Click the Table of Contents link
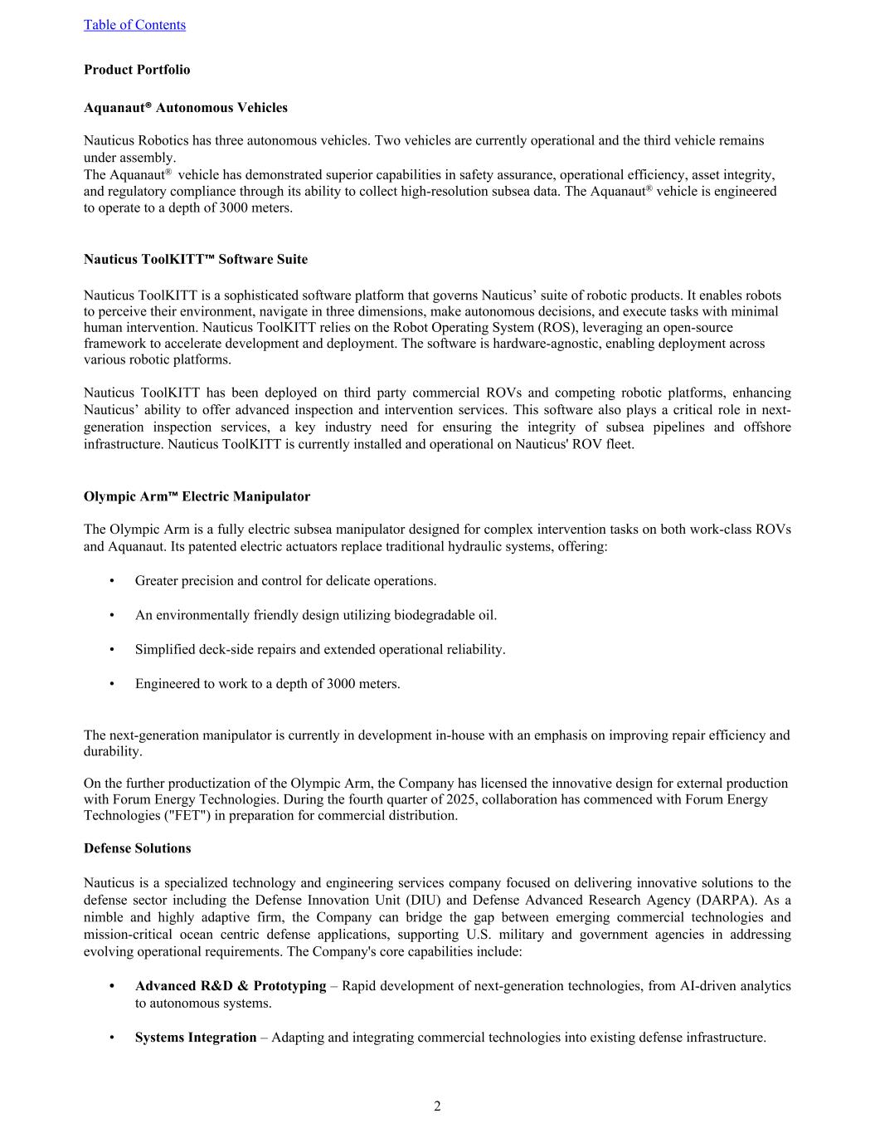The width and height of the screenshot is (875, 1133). pyautogui.click(x=134, y=25)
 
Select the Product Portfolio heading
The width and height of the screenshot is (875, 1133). pyautogui.click(x=137, y=70)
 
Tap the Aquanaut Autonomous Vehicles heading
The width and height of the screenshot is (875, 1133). pyautogui.click(x=186, y=108)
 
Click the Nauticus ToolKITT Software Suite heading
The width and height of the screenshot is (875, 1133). pyautogui.click(x=196, y=260)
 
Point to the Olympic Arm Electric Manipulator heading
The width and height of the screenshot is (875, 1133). pyautogui.click(x=197, y=497)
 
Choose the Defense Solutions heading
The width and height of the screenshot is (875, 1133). pyautogui.click(x=137, y=848)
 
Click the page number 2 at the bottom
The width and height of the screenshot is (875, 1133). pyautogui.click(x=437, y=1106)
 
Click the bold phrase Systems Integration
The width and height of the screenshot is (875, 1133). pyautogui.click(x=196, y=1038)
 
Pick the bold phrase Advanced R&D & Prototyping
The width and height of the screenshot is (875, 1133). pyautogui.click(x=231, y=986)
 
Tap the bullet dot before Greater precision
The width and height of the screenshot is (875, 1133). pyautogui.click(x=111, y=581)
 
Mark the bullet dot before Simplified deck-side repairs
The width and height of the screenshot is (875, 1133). pyautogui.click(x=111, y=650)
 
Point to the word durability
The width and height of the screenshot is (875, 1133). pyautogui.click(x=112, y=751)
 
